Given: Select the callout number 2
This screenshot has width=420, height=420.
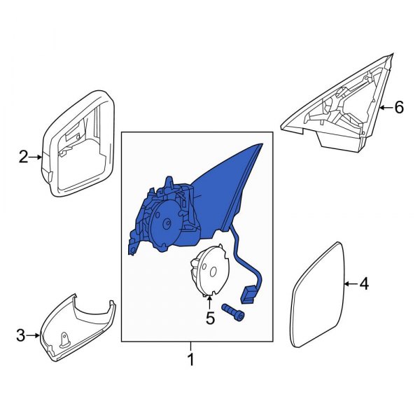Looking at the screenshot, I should click(x=23, y=157).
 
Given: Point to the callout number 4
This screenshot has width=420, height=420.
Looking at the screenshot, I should click(x=363, y=284).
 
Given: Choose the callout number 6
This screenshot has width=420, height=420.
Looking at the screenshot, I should click(x=398, y=107).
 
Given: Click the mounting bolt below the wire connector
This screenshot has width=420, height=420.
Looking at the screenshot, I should click(x=233, y=312).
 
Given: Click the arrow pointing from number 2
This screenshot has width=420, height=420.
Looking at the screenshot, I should click(x=36, y=157).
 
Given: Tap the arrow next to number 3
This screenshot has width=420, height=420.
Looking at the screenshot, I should click(x=35, y=337).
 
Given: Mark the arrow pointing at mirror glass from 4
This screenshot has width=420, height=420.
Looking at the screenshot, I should click(x=350, y=284).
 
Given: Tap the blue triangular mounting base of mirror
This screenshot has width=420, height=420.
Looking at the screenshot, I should click(x=238, y=182).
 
